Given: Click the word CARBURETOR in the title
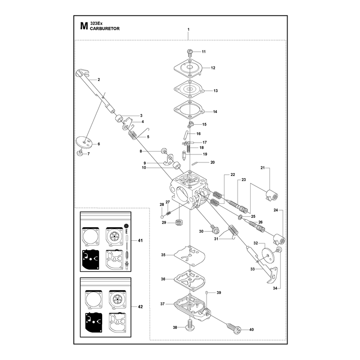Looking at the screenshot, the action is coord(105,29).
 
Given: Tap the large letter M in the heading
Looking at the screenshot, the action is coord(84,26).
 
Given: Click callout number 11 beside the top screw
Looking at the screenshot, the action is coord(204,52).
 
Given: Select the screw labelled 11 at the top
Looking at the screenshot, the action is coord(189,53).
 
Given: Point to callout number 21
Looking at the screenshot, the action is coord(263,168).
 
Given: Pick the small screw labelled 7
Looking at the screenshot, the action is coord(80,153).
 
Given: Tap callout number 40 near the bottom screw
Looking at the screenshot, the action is coord(252,330).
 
